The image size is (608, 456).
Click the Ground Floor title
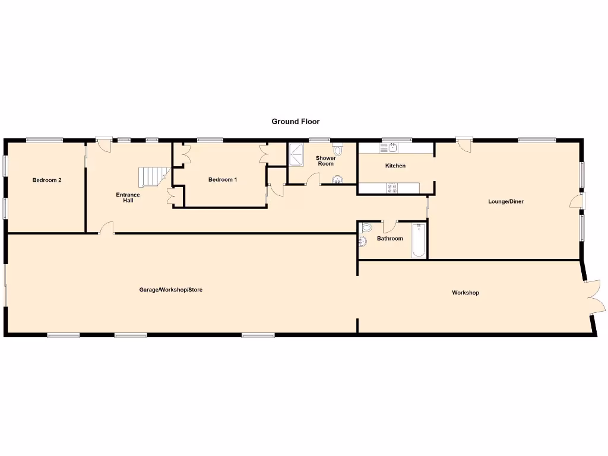tap(296, 122)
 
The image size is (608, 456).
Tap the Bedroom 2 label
tap(47, 180)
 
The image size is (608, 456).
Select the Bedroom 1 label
tap(223, 180)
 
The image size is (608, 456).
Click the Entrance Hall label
tap(128, 198)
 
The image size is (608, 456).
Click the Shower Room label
tap(325, 161)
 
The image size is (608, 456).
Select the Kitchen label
tap(395, 166)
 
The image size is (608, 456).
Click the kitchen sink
tap(393, 147)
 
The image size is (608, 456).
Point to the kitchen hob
tap(392, 188)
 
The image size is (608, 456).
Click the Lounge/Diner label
tap(506, 202)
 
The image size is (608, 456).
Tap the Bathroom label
tap(389, 239)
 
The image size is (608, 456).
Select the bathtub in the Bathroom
tap(419, 240)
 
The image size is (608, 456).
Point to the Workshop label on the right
tap(465, 293)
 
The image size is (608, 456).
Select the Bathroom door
tap(389, 226)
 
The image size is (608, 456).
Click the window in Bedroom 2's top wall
tap(45, 140)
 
